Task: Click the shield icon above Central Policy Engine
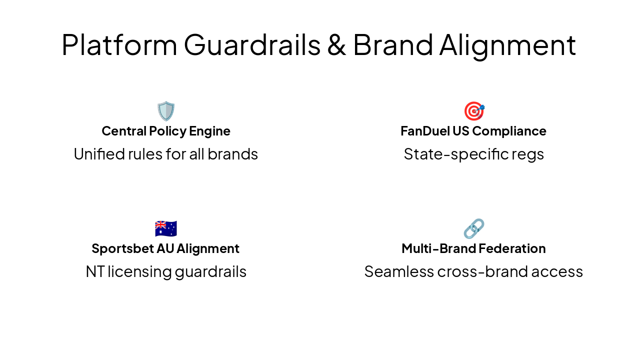click(x=166, y=111)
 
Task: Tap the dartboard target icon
click(x=473, y=111)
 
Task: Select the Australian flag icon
click(x=166, y=228)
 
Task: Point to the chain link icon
click(x=473, y=228)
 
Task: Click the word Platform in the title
click(x=119, y=44)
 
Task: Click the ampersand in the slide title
click(x=336, y=44)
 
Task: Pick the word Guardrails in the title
click(x=252, y=44)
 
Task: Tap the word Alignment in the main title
click(x=507, y=44)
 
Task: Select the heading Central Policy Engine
click(x=166, y=131)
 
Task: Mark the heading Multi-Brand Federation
click(x=473, y=248)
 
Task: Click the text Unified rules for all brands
click(x=166, y=154)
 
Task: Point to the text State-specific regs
click(x=473, y=154)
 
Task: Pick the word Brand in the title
click(x=393, y=44)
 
